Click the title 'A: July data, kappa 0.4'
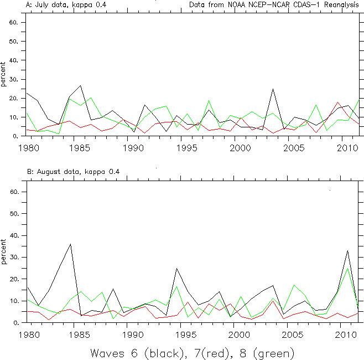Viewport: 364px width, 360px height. (x=66, y=4)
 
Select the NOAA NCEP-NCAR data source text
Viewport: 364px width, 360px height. (x=273, y=4)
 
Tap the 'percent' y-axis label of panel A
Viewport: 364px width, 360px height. (x=4, y=74)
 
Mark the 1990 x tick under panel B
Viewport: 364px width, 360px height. (x=134, y=335)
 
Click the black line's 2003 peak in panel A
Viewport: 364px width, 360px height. (x=273, y=89)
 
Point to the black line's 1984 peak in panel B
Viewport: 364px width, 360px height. (x=70, y=244)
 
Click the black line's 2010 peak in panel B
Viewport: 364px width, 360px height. (x=347, y=251)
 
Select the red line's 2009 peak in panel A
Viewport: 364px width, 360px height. (x=337, y=102)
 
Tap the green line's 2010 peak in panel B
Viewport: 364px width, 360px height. (x=347, y=268)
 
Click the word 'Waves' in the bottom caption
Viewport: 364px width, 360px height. (x=110, y=353)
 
